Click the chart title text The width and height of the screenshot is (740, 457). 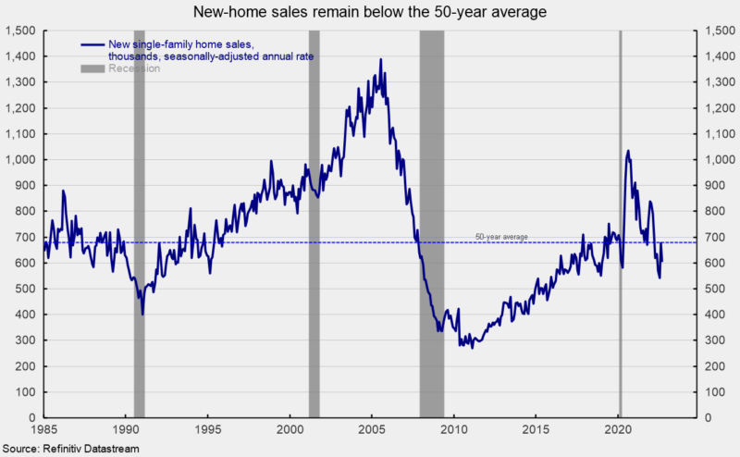(x=370, y=12)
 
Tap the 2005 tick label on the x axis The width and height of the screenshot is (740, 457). (x=372, y=430)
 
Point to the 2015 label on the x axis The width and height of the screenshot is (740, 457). (x=536, y=430)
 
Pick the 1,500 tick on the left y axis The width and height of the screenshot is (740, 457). (x=20, y=31)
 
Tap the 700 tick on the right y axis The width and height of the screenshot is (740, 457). (x=712, y=238)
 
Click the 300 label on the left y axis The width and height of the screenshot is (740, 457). (x=25, y=340)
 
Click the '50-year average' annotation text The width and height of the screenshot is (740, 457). (x=501, y=237)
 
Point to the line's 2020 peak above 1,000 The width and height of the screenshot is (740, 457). (x=628, y=151)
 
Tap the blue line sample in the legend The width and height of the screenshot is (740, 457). (x=92, y=45)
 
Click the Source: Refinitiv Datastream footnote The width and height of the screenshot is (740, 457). (x=71, y=448)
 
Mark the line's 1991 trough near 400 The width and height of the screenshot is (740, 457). (x=142, y=314)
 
